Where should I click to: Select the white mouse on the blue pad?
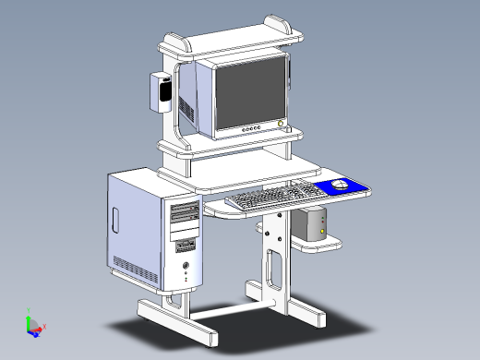pyautogui.click(x=340, y=186)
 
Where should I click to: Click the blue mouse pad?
pyautogui.click(x=343, y=188)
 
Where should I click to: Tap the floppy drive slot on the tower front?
pyautogui.click(x=186, y=246)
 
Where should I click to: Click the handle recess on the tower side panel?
pyautogui.click(x=115, y=221)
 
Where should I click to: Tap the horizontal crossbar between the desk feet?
pyautogui.click(x=222, y=309)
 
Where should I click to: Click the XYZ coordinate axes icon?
pyautogui.click(x=34, y=325)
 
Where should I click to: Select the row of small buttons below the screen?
pyautogui.click(x=250, y=130)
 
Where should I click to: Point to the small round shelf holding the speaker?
pyautogui.click(x=318, y=244)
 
